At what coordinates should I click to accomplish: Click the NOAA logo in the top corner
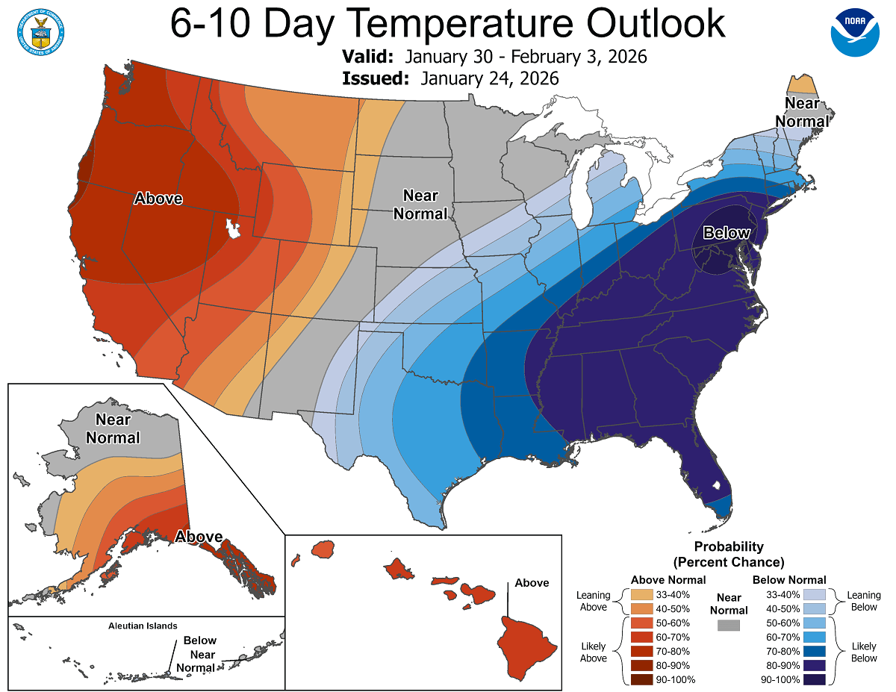pos(855,31)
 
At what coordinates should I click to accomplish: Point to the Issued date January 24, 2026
pos(489,78)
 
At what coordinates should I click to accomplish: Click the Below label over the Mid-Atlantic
pos(727,233)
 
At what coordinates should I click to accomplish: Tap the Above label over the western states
pos(158,199)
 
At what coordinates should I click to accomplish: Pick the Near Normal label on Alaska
pos(113,429)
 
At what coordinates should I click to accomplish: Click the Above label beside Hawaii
pos(531,583)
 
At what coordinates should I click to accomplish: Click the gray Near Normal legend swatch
pos(729,625)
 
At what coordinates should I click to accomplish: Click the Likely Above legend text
pos(594,651)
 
